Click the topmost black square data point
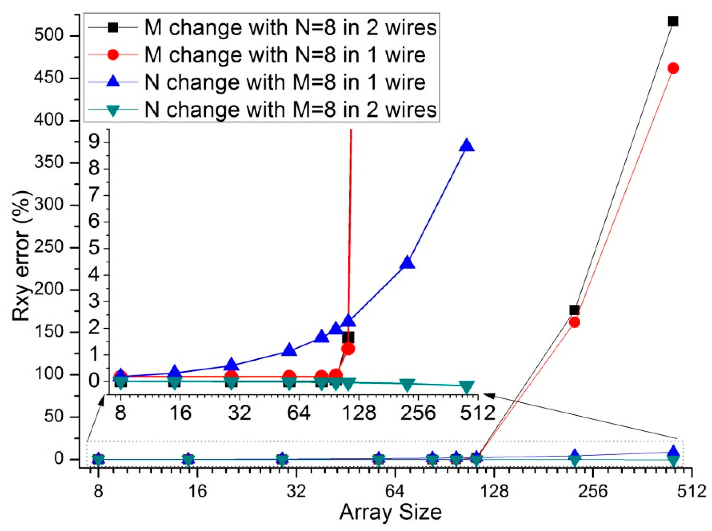(x=673, y=21)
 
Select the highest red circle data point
(x=673, y=68)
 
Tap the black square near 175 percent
(x=574, y=310)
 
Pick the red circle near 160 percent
(x=574, y=322)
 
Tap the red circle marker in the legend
(x=113, y=55)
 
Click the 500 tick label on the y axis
(x=48, y=36)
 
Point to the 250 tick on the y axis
(x=48, y=247)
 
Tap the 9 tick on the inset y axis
(x=94, y=142)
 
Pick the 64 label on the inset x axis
(x=299, y=413)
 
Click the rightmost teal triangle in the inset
(x=467, y=387)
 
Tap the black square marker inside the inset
(x=348, y=338)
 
